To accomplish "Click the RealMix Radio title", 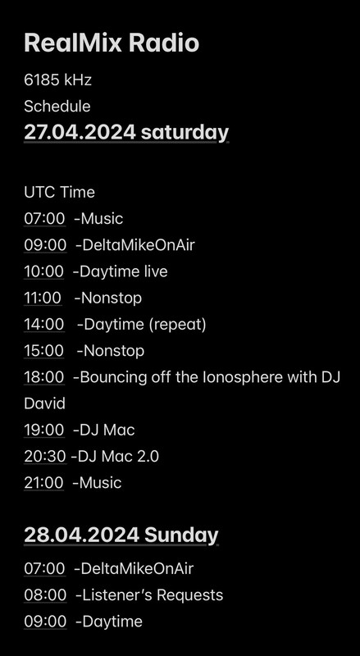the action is coord(112,43).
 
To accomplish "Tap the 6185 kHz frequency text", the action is coord(57,80).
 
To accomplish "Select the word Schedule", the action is coord(57,107).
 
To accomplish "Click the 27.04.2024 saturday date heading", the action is coord(126,132).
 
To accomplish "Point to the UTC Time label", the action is coord(59,193).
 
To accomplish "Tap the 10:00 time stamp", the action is coord(44,271).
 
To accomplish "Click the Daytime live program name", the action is coord(123,271).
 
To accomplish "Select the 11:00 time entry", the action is coord(43,298).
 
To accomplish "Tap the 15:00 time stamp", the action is coord(44,351).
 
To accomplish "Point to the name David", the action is coord(44,403).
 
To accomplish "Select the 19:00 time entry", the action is coord(44,430).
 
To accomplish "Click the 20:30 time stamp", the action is coord(45,457).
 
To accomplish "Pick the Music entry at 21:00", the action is coord(101,483).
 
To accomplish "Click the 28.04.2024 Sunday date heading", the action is coord(121,535).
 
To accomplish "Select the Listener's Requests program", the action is coord(153,595).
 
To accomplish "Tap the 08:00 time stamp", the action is coord(45,595).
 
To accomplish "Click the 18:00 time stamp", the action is coord(44,377).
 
